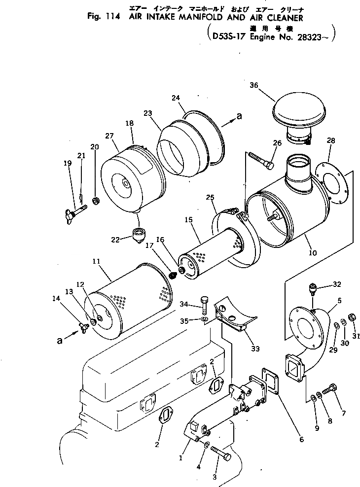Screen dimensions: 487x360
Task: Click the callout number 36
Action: [x=253, y=85]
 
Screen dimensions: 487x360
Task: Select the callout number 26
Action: [x=277, y=143]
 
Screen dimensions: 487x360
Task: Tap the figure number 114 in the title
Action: [x=117, y=16]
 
